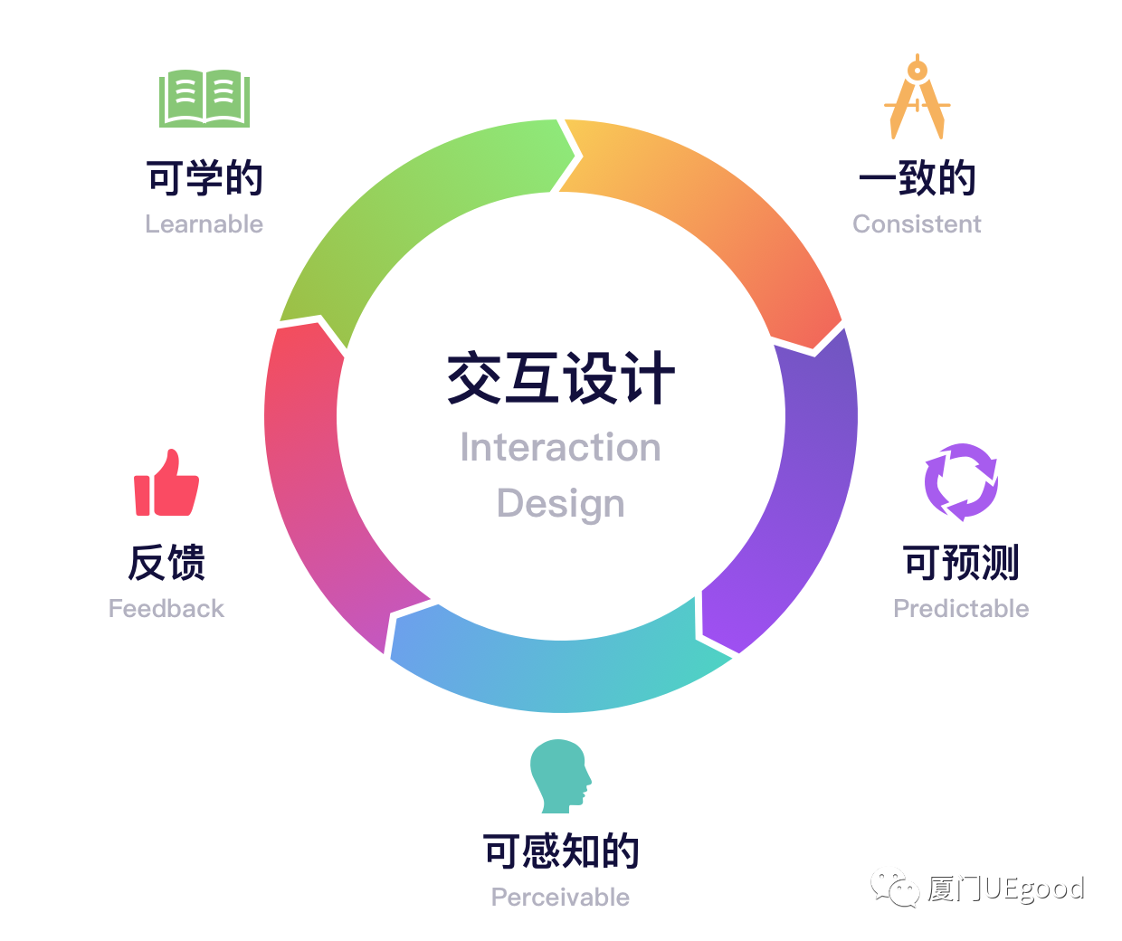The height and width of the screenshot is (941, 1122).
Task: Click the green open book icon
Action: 204,98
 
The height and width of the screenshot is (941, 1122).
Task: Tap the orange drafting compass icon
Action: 918,98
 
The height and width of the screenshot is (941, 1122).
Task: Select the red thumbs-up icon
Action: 166,483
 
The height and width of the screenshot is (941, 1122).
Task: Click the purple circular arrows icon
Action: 961,481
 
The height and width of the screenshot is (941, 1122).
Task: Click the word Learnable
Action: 204,224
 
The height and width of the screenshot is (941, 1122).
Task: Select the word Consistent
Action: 917,224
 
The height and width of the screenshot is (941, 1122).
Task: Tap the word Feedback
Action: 166,609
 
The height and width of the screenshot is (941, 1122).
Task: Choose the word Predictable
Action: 961,609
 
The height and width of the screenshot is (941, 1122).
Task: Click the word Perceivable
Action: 560,898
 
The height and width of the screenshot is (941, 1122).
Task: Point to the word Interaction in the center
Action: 560,448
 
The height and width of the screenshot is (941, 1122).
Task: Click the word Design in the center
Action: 560,503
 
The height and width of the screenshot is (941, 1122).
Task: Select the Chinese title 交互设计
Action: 560,378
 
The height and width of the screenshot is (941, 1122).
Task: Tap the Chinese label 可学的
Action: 204,178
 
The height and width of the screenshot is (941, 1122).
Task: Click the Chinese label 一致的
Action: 917,178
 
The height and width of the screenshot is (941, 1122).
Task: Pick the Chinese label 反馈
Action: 166,563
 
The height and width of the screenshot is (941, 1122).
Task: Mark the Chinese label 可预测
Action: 961,563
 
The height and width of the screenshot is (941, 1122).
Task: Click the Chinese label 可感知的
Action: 560,851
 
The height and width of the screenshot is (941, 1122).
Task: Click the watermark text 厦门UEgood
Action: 1005,889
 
